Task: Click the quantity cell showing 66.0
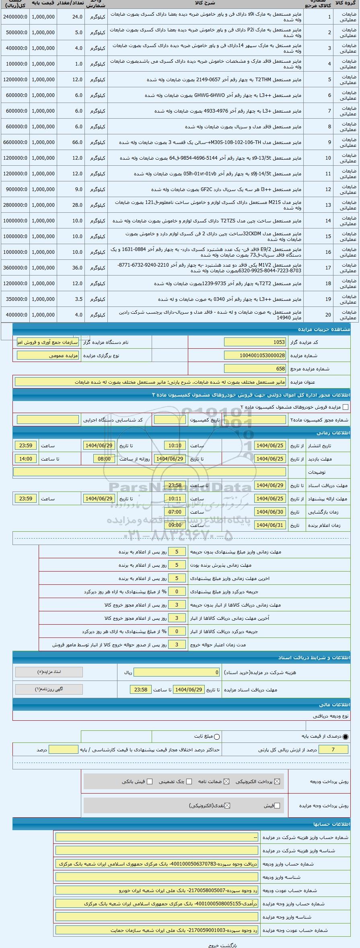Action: point(71,142)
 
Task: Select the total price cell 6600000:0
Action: point(14,142)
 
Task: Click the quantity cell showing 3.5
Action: point(71,299)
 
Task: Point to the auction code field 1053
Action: point(255,342)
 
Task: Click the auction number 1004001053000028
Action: point(255,356)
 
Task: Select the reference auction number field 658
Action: point(255,369)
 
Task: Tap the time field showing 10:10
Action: point(175,446)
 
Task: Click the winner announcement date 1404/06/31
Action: point(270,525)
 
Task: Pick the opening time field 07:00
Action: point(175,512)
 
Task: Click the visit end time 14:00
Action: point(26,459)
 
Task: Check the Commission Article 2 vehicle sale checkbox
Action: point(345,407)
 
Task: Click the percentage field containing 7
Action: point(333,749)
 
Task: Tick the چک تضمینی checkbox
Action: point(189,781)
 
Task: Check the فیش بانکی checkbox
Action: point(150,781)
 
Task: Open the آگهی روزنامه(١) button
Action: point(49,689)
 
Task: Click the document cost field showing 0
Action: point(177,672)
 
